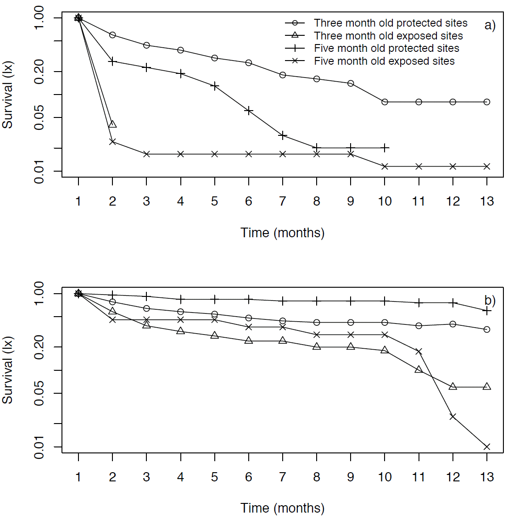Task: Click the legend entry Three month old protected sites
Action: pos(390,23)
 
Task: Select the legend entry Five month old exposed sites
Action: pos(384,61)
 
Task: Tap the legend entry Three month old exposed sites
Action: pos(388,36)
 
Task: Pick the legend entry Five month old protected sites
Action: pos(386,48)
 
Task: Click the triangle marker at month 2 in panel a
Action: pos(112,124)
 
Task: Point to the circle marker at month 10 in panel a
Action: pos(385,102)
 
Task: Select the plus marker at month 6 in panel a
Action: pos(249,111)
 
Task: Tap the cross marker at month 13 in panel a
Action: pos(487,166)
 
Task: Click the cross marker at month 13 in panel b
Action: pos(487,446)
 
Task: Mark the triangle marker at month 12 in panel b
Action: pos(453,387)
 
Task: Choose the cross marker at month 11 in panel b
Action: pos(419,352)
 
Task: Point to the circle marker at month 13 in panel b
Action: pos(487,329)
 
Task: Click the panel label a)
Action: pos(490,25)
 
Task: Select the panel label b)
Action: pos(490,301)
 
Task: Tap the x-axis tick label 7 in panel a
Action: pos(283,201)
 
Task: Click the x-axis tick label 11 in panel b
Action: pos(419,477)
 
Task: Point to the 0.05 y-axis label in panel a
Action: pos(39,118)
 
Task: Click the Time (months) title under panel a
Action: pos(282,233)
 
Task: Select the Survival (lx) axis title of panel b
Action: pos(8,370)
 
